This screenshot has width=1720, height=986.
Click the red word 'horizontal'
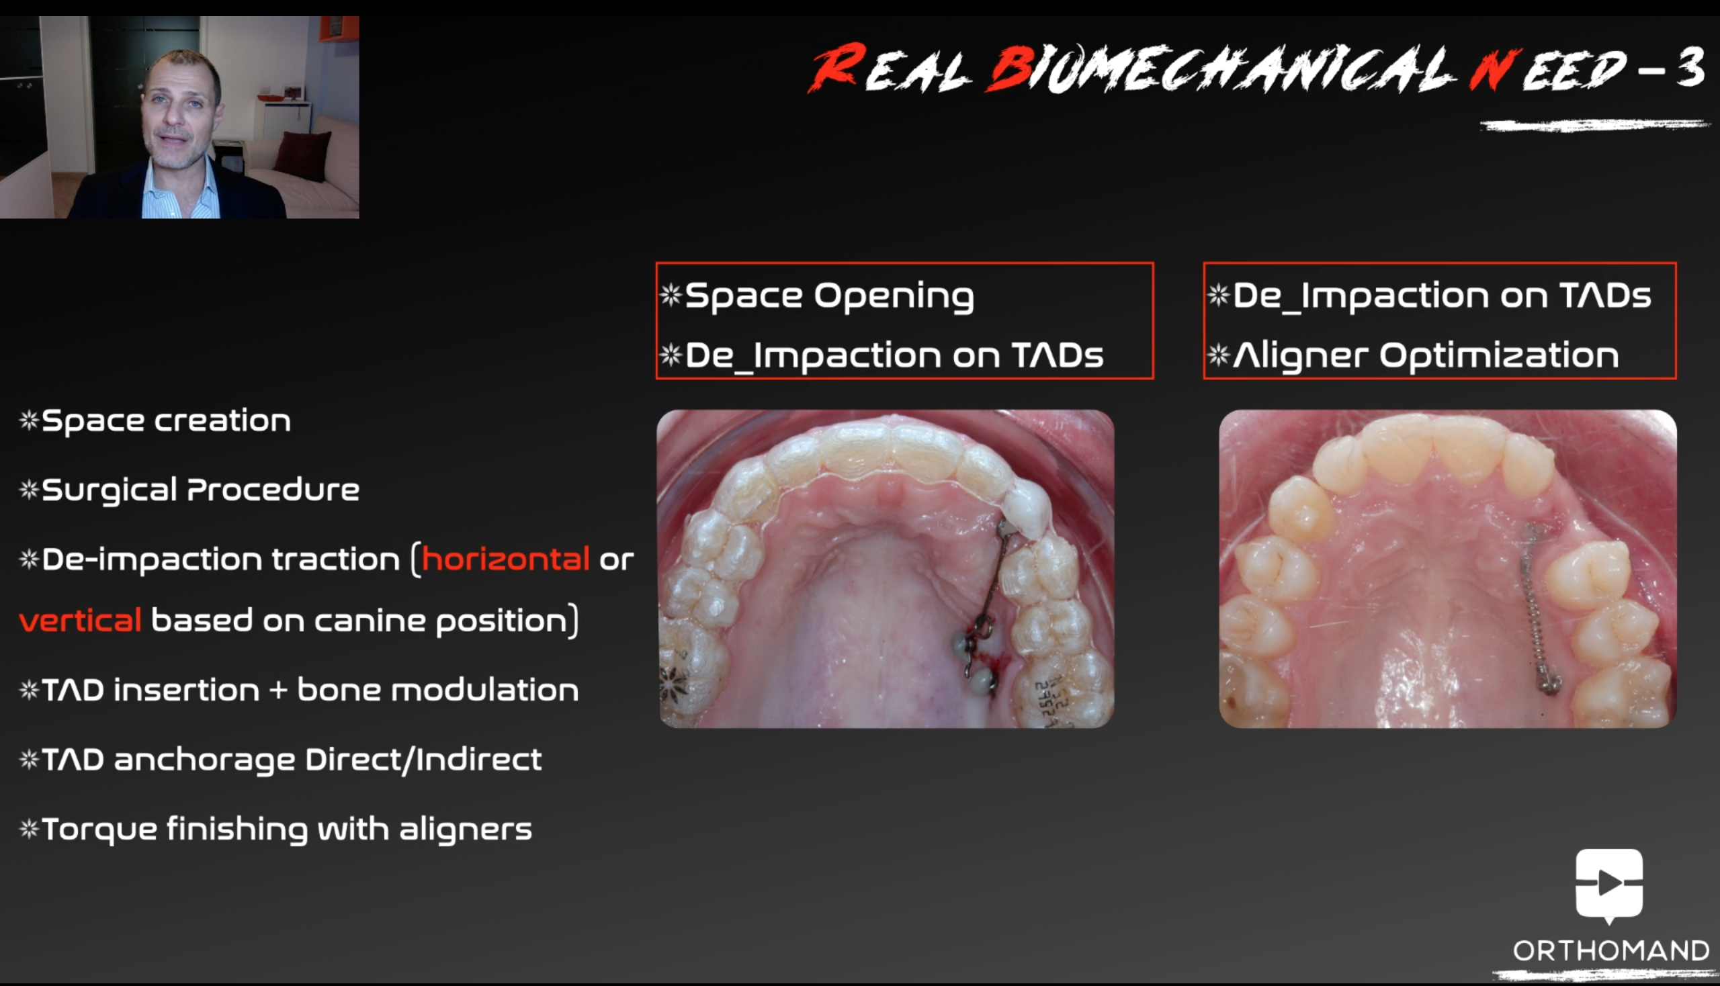pos(505,559)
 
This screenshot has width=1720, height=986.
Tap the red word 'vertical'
pos(81,621)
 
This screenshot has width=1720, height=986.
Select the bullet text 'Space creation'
pos(167,421)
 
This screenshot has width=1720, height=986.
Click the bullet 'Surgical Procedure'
pos(200,490)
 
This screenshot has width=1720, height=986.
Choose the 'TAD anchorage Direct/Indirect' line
pos(292,760)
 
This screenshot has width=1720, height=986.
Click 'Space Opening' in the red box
pos(830,297)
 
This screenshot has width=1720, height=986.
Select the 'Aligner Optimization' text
pos(1426,356)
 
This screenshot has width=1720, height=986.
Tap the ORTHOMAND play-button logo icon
pos(1609,885)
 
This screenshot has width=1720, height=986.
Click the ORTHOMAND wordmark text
pos(1611,951)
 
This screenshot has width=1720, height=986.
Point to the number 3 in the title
pos(1691,67)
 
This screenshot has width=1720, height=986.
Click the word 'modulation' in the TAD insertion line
pos(485,690)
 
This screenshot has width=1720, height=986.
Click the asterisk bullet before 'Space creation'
pos(29,420)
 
